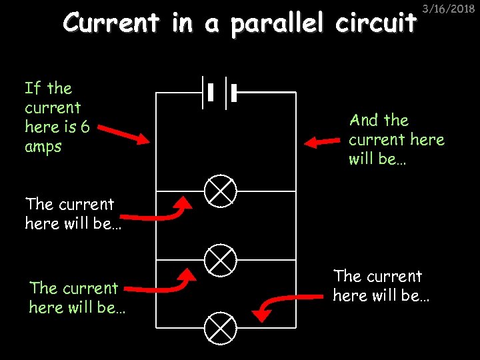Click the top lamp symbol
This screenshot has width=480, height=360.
click(220, 191)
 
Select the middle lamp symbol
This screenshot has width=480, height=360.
click(220, 259)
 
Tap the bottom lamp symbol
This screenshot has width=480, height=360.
click(220, 327)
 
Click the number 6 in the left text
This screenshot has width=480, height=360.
click(85, 127)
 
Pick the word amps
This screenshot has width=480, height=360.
click(43, 147)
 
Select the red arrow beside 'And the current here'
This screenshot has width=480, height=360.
click(323, 142)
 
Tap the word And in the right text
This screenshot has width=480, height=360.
click(364, 121)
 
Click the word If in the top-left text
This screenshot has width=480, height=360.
click(32, 88)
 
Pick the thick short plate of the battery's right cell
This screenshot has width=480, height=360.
click(234, 92)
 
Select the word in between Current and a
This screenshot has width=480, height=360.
click(182, 23)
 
